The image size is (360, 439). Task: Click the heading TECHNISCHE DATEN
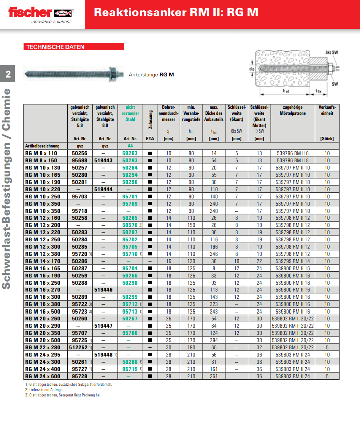coord(56,47)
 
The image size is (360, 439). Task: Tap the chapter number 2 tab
coord(8,74)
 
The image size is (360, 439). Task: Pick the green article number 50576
coord(130,225)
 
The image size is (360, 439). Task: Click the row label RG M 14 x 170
coord(42,261)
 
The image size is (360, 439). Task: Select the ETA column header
coord(150,139)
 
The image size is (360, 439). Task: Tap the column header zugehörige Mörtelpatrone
coord(293,110)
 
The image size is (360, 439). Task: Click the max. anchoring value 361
coord(214,376)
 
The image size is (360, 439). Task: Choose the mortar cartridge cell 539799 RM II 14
coord(293,261)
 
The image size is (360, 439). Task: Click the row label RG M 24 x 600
coord(42,376)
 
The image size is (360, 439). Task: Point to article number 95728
coord(80,376)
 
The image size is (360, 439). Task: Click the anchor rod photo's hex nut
coord(113,72)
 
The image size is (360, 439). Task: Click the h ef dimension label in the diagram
coord(286,91)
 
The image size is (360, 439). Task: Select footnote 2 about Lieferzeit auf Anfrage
coord(44,390)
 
